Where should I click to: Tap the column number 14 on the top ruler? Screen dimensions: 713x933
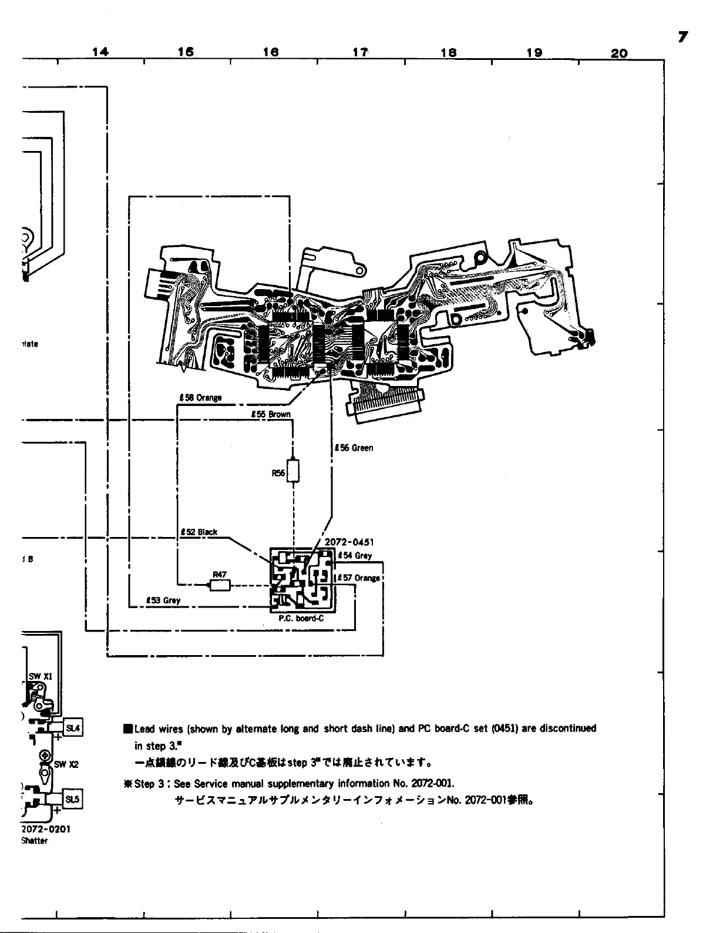click(100, 52)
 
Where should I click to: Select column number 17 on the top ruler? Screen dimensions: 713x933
click(360, 52)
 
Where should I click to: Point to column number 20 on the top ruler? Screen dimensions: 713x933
click(619, 53)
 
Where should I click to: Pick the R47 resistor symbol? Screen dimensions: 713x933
click(220, 584)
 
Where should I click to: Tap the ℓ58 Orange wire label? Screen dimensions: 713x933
click(200, 398)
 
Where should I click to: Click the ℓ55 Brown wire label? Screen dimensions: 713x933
click(271, 414)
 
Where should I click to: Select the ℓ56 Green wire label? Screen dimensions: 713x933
click(354, 448)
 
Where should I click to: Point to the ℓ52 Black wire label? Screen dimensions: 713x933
click(199, 532)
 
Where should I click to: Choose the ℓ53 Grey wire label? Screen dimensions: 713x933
click(163, 600)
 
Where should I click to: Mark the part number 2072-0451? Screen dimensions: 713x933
click(349, 542)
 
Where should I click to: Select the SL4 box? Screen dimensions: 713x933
click(73, 728)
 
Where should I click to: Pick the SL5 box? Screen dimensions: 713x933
click(72, 799)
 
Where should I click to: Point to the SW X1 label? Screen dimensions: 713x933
click(41, 676)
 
